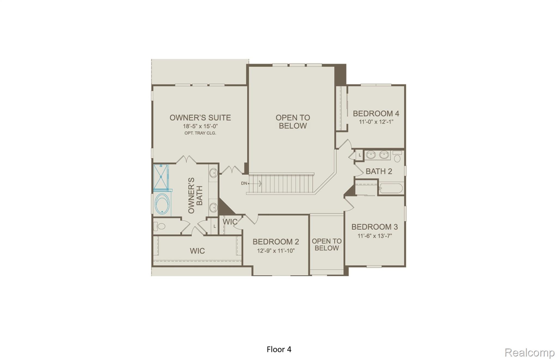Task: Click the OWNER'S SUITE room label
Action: [x=200, y=118]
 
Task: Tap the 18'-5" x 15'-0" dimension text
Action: [x=200, y=126]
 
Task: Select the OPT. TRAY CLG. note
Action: [x=200, y=133]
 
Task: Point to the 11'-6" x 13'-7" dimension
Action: [x=374, y=236]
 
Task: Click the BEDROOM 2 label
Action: [x=275, y=242]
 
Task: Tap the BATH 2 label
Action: [x=379, y=171]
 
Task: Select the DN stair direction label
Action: [x=244, y=183]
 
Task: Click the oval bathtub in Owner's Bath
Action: [x=162, y=204]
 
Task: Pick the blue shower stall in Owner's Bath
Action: [x=161, y=177]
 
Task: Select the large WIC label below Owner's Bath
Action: [x=197, y=251]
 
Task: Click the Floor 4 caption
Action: [x=279, y=349]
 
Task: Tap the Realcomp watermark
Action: [x=529, y=353]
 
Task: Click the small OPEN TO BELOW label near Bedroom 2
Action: [x=326, y=244]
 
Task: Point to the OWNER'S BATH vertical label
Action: [x=195, y=195]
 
